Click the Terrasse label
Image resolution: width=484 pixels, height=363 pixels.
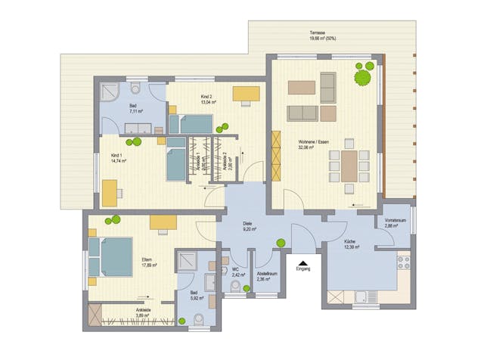tap(318, 33)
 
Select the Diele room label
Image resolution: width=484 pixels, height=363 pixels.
tap(247, 225)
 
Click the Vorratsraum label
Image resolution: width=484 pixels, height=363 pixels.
tap(396, 220)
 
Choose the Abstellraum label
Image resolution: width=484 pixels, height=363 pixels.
tap(265, 274)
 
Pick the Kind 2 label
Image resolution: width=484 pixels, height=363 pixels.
tap(206, 98)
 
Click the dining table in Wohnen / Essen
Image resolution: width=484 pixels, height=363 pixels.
tap(349, 166)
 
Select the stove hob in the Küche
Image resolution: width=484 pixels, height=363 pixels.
tap(404, 262)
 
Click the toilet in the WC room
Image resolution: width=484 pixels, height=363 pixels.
tap(235, 287)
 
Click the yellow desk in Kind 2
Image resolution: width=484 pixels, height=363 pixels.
tap(246, 94)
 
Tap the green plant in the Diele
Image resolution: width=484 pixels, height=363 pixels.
tap(281, 243)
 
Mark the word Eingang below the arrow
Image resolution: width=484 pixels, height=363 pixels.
tap(302, 268)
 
